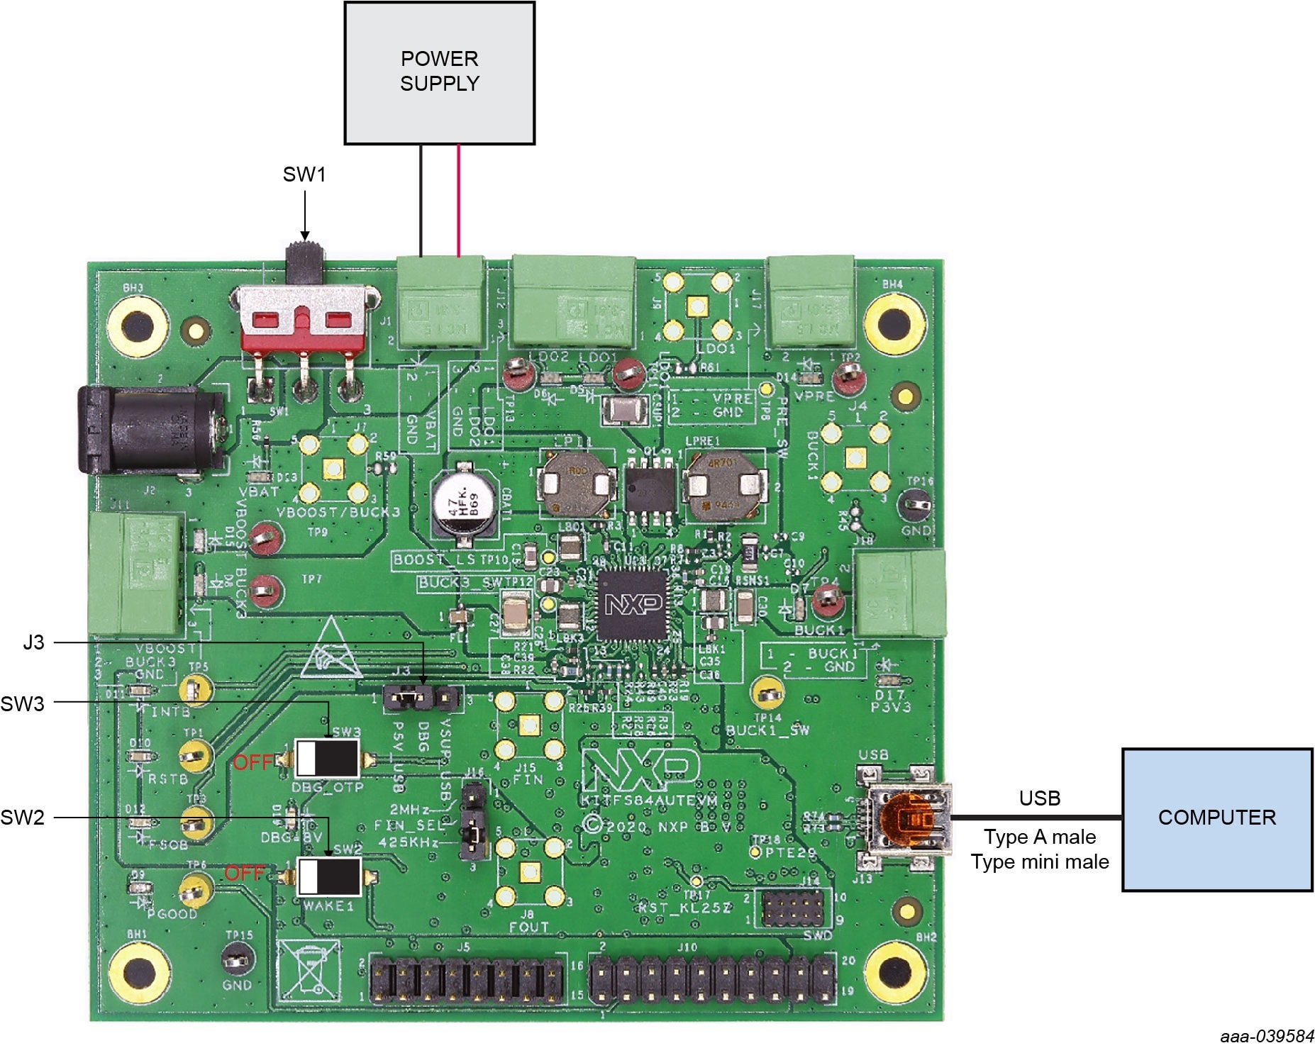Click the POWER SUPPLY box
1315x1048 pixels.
439,73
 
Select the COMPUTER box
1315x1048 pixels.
1216,818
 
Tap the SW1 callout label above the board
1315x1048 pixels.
304,174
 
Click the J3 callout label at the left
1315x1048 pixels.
33,643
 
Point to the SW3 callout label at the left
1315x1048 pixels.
23,703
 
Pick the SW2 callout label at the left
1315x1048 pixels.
23,818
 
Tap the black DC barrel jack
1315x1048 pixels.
152,430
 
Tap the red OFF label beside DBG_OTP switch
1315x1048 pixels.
253,762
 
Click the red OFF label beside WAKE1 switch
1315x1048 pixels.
245,873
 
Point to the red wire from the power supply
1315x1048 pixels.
459,200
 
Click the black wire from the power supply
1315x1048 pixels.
421,200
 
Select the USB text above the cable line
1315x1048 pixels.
1039,798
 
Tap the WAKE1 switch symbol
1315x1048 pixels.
328,876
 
